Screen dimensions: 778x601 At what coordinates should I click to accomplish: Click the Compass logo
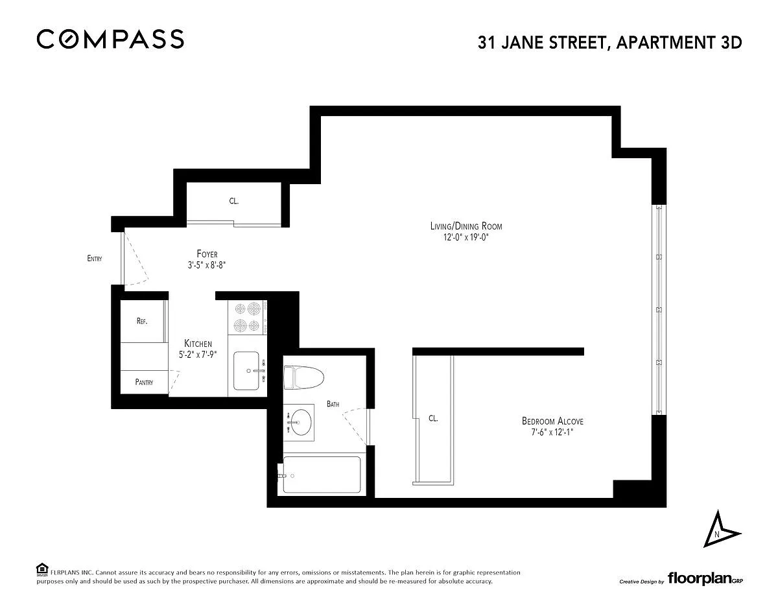pos(110,39)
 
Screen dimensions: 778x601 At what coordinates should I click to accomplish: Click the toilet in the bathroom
pos(303,377)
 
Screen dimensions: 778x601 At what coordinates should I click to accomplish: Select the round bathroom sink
pos(301,422)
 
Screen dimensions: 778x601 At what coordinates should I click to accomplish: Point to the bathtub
pos(322,475)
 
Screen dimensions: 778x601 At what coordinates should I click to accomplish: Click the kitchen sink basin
pos(246,370)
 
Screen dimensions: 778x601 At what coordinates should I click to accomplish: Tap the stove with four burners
pos(248,317)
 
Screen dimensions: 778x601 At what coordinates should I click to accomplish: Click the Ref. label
pos(142,321)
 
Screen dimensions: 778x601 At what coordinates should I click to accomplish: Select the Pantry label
pos(144,382)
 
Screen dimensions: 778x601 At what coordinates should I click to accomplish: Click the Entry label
pos(95,259)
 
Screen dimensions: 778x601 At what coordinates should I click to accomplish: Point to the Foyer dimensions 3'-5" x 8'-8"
pos(207,265)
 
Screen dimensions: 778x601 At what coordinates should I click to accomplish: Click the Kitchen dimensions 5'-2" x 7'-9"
pos(198,355)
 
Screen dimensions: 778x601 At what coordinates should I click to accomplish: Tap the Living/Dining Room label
pos(466,226)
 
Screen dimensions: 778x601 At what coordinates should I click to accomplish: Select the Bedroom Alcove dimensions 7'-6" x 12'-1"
pos(552,432)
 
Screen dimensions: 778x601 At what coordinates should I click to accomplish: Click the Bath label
pos(333,404)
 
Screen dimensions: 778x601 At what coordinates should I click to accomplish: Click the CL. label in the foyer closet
pos(234,201)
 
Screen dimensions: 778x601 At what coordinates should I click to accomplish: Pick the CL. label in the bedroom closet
pos(433,418)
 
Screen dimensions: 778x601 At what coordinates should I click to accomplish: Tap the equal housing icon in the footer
pos(42,569)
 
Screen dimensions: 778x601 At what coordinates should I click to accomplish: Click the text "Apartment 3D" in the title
pos(679,43)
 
